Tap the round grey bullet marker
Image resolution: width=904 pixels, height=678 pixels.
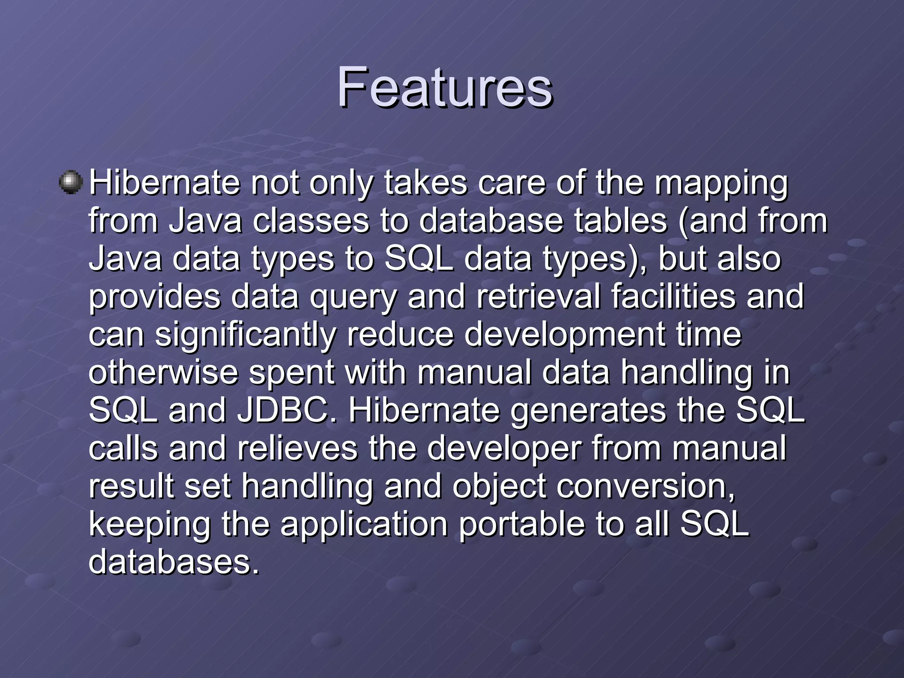[x=71, y=182]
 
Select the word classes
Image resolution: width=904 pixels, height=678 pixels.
[x=310, y=221]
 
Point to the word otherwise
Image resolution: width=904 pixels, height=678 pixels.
[x=163, y=373]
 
